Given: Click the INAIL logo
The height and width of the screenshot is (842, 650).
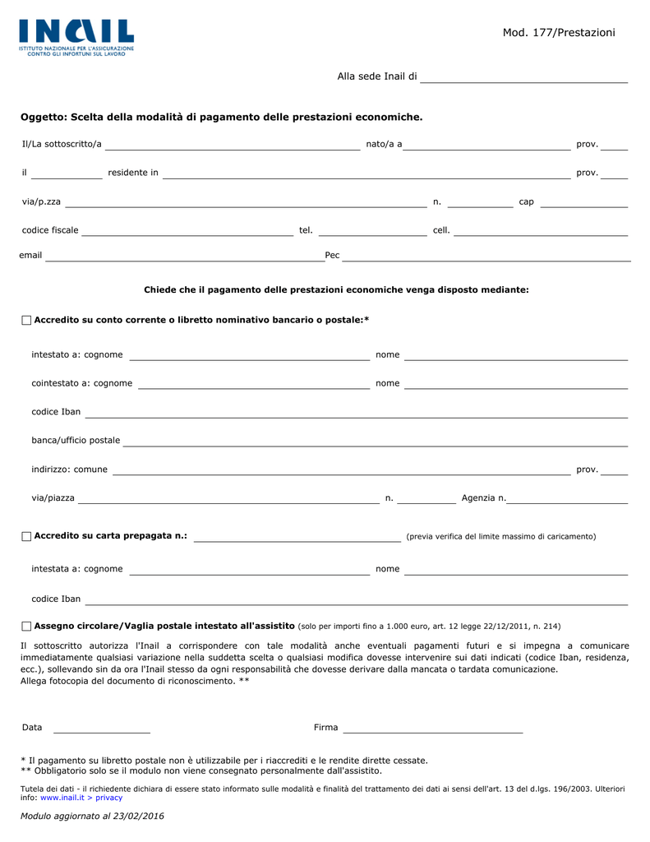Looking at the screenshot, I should (76, 36).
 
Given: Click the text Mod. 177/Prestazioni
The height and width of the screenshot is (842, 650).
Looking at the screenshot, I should (558, 32).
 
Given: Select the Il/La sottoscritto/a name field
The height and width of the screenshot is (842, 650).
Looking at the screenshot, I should (233, 146).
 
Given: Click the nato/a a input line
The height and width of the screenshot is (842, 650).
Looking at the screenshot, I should (486, 146).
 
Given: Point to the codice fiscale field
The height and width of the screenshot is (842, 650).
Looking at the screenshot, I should (187, 232).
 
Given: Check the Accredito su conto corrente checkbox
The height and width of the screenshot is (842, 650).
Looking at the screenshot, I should (26, 320).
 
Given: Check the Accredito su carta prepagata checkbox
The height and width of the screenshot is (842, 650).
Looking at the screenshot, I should (26, 537).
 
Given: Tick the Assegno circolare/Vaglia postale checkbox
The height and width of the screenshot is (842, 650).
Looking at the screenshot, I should (26, 627).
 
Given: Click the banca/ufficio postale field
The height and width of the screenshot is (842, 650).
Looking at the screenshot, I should (375, 442).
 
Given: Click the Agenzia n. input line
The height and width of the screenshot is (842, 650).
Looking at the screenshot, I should (568, 500).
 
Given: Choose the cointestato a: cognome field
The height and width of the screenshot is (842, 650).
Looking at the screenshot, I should (253, 385).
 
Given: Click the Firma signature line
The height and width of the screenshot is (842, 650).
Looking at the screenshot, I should (433, 729).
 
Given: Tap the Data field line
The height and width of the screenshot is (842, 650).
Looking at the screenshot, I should (102, 729).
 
